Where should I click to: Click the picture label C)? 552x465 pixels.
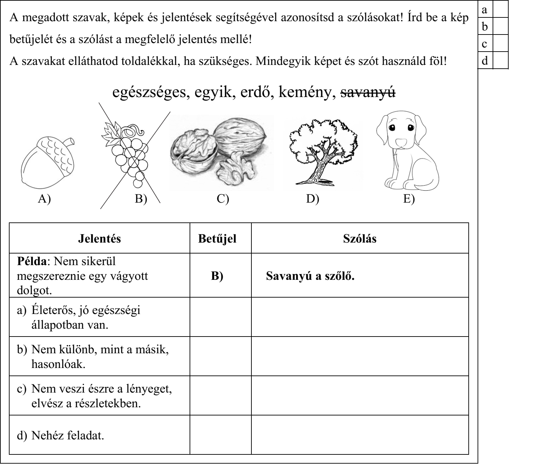click(223, 199)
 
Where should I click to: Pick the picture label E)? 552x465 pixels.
click(409, 199)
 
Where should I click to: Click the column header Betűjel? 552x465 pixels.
click(217, 239)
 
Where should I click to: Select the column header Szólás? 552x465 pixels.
click(360, 239)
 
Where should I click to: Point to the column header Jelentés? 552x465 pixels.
click(99, 239)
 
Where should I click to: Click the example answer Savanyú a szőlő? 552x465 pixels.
click(310, 276)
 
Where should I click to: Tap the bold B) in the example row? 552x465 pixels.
click(217, 276)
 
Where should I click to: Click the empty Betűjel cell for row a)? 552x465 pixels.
click(220, 317)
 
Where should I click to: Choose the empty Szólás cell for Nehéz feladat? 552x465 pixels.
click(360, 435)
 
